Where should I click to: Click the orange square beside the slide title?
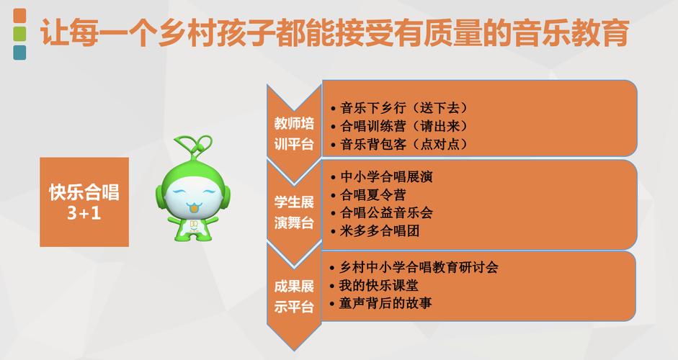click(x=19, y=16)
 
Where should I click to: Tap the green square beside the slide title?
click(x=19, y=34)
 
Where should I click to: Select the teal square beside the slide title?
click(x=19, y=52)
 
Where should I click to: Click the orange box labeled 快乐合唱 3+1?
click(x=84, y=202)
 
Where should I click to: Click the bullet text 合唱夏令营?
click(x=373, y=194)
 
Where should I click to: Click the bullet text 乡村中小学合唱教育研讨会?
click(x=419, y=267)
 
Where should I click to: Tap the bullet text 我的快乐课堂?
click(x=379, y=285)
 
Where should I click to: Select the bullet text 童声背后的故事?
click(x=385, y=303)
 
